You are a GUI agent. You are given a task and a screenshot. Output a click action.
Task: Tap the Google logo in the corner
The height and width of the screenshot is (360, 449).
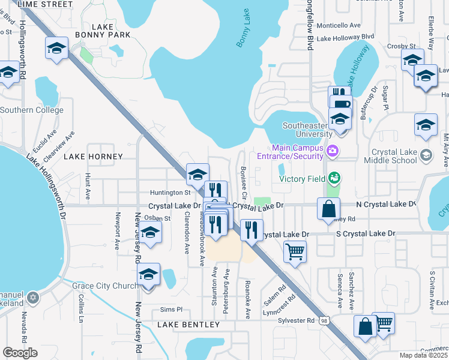20,353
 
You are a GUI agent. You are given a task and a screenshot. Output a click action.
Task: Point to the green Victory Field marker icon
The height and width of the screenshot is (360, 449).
334,178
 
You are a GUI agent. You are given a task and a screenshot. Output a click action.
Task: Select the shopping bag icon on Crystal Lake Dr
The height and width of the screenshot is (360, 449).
329,209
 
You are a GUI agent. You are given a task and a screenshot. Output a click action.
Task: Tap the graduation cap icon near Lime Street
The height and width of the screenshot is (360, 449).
57,47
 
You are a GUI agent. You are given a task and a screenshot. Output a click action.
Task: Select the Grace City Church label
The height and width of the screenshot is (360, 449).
105,286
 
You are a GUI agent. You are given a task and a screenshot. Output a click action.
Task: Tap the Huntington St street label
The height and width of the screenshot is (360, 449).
170,193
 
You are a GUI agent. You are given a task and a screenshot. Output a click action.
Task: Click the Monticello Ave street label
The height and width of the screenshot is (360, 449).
339,26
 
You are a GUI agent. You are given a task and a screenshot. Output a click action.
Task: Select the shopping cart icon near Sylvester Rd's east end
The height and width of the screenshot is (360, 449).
383,323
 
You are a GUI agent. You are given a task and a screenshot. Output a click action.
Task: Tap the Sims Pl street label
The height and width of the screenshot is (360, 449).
170,310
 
